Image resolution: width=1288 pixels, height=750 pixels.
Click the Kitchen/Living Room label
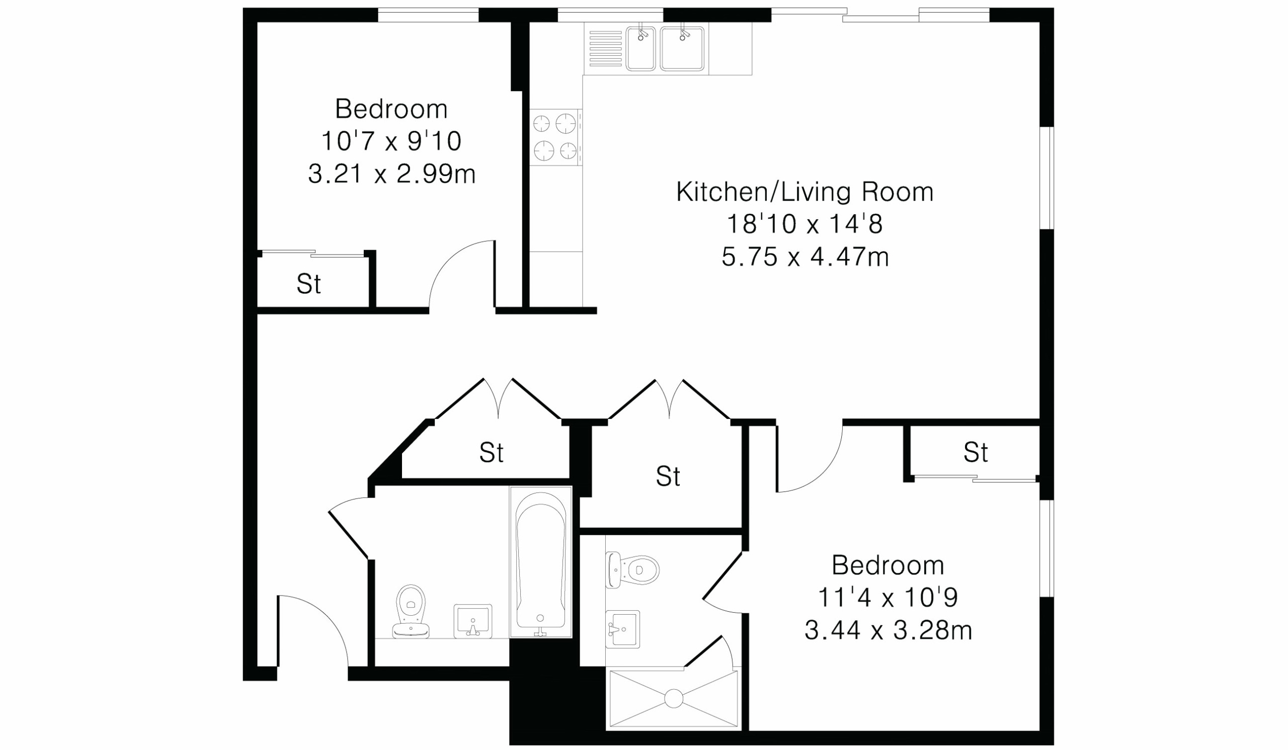tap(804, 192)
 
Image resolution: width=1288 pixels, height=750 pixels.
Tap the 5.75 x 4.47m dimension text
tap(805, 257)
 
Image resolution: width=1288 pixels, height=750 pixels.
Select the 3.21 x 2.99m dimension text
tap(391, 174)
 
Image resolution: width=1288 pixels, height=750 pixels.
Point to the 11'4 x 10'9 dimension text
tap(888, 597)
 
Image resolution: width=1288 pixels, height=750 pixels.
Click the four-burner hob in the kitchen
tap(555, 137)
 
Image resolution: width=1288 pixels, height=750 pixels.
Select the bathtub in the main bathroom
tap(540, 562)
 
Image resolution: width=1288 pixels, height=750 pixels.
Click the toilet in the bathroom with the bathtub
tap(411, 612)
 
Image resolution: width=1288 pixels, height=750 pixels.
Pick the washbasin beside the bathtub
tap(473, 621)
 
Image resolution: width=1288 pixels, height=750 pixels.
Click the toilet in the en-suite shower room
tap(632, 569)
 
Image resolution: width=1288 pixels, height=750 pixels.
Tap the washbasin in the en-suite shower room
tap(622, 629)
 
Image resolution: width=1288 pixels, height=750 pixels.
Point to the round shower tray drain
tap(674, 698)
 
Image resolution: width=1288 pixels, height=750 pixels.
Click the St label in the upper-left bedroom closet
tap(309, 284)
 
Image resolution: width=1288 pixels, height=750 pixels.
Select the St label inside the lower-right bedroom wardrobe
tap(976, 452)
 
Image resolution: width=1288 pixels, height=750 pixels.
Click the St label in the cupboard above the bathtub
tap(491, 453)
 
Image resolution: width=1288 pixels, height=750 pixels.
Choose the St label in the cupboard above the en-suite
tap(668, 477)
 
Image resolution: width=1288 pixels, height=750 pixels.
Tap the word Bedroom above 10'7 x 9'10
tap(391, 109)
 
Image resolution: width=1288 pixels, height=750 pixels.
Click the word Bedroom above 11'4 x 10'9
tap(888, 565)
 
